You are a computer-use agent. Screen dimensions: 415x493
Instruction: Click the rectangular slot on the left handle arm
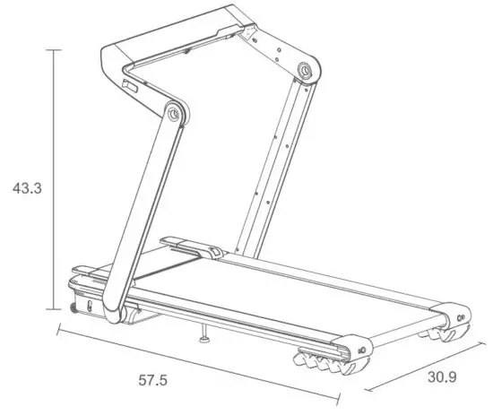128,89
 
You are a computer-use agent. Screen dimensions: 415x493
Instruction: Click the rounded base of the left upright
113,310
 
